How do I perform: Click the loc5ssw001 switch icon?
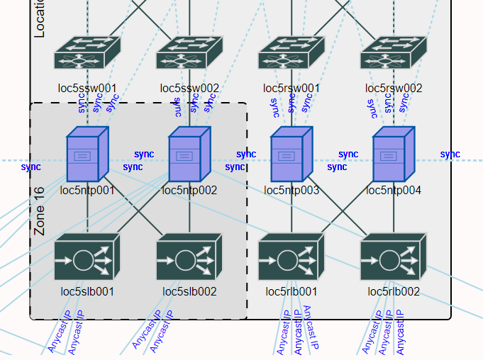87,52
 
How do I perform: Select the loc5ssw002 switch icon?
189,52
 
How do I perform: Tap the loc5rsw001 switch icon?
292,52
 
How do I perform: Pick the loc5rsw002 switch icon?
394,52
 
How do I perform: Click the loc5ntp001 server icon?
87,154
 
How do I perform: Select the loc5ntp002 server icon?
189,154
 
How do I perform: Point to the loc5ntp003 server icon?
292,154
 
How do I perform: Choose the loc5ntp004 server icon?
394,154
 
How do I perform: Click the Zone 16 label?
40,211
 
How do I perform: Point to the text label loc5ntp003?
292,191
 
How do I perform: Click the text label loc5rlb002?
394,291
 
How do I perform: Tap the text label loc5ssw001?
87,89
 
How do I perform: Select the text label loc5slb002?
189,291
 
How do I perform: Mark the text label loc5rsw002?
394,89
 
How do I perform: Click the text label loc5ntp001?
87,191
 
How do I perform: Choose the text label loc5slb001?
87,291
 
